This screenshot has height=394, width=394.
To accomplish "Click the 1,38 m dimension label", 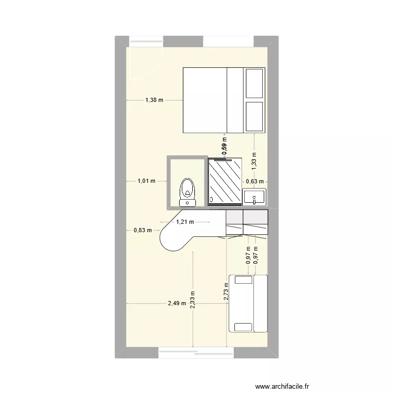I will (154, 100).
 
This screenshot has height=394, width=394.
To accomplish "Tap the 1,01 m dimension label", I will (147, 181).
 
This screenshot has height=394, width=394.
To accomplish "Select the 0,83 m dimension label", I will (142, 230).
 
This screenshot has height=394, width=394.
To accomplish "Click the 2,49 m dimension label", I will (177, 303).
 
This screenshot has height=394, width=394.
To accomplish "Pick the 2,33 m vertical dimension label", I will (193, 302).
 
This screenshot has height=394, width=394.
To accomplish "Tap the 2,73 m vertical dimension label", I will (226, 291).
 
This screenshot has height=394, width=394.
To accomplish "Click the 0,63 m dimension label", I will (255, 181).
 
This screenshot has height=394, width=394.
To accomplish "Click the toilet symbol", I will (188, 192).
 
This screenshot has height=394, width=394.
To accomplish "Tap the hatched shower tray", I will (225, 180).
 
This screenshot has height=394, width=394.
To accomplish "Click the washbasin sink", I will (255, 198).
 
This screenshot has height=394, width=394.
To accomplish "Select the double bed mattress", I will (205, 100).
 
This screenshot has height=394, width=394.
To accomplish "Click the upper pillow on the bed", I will (254, 83).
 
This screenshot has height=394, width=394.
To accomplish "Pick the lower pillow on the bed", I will (254, 117).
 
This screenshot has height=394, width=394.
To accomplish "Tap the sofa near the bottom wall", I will (248, 304).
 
